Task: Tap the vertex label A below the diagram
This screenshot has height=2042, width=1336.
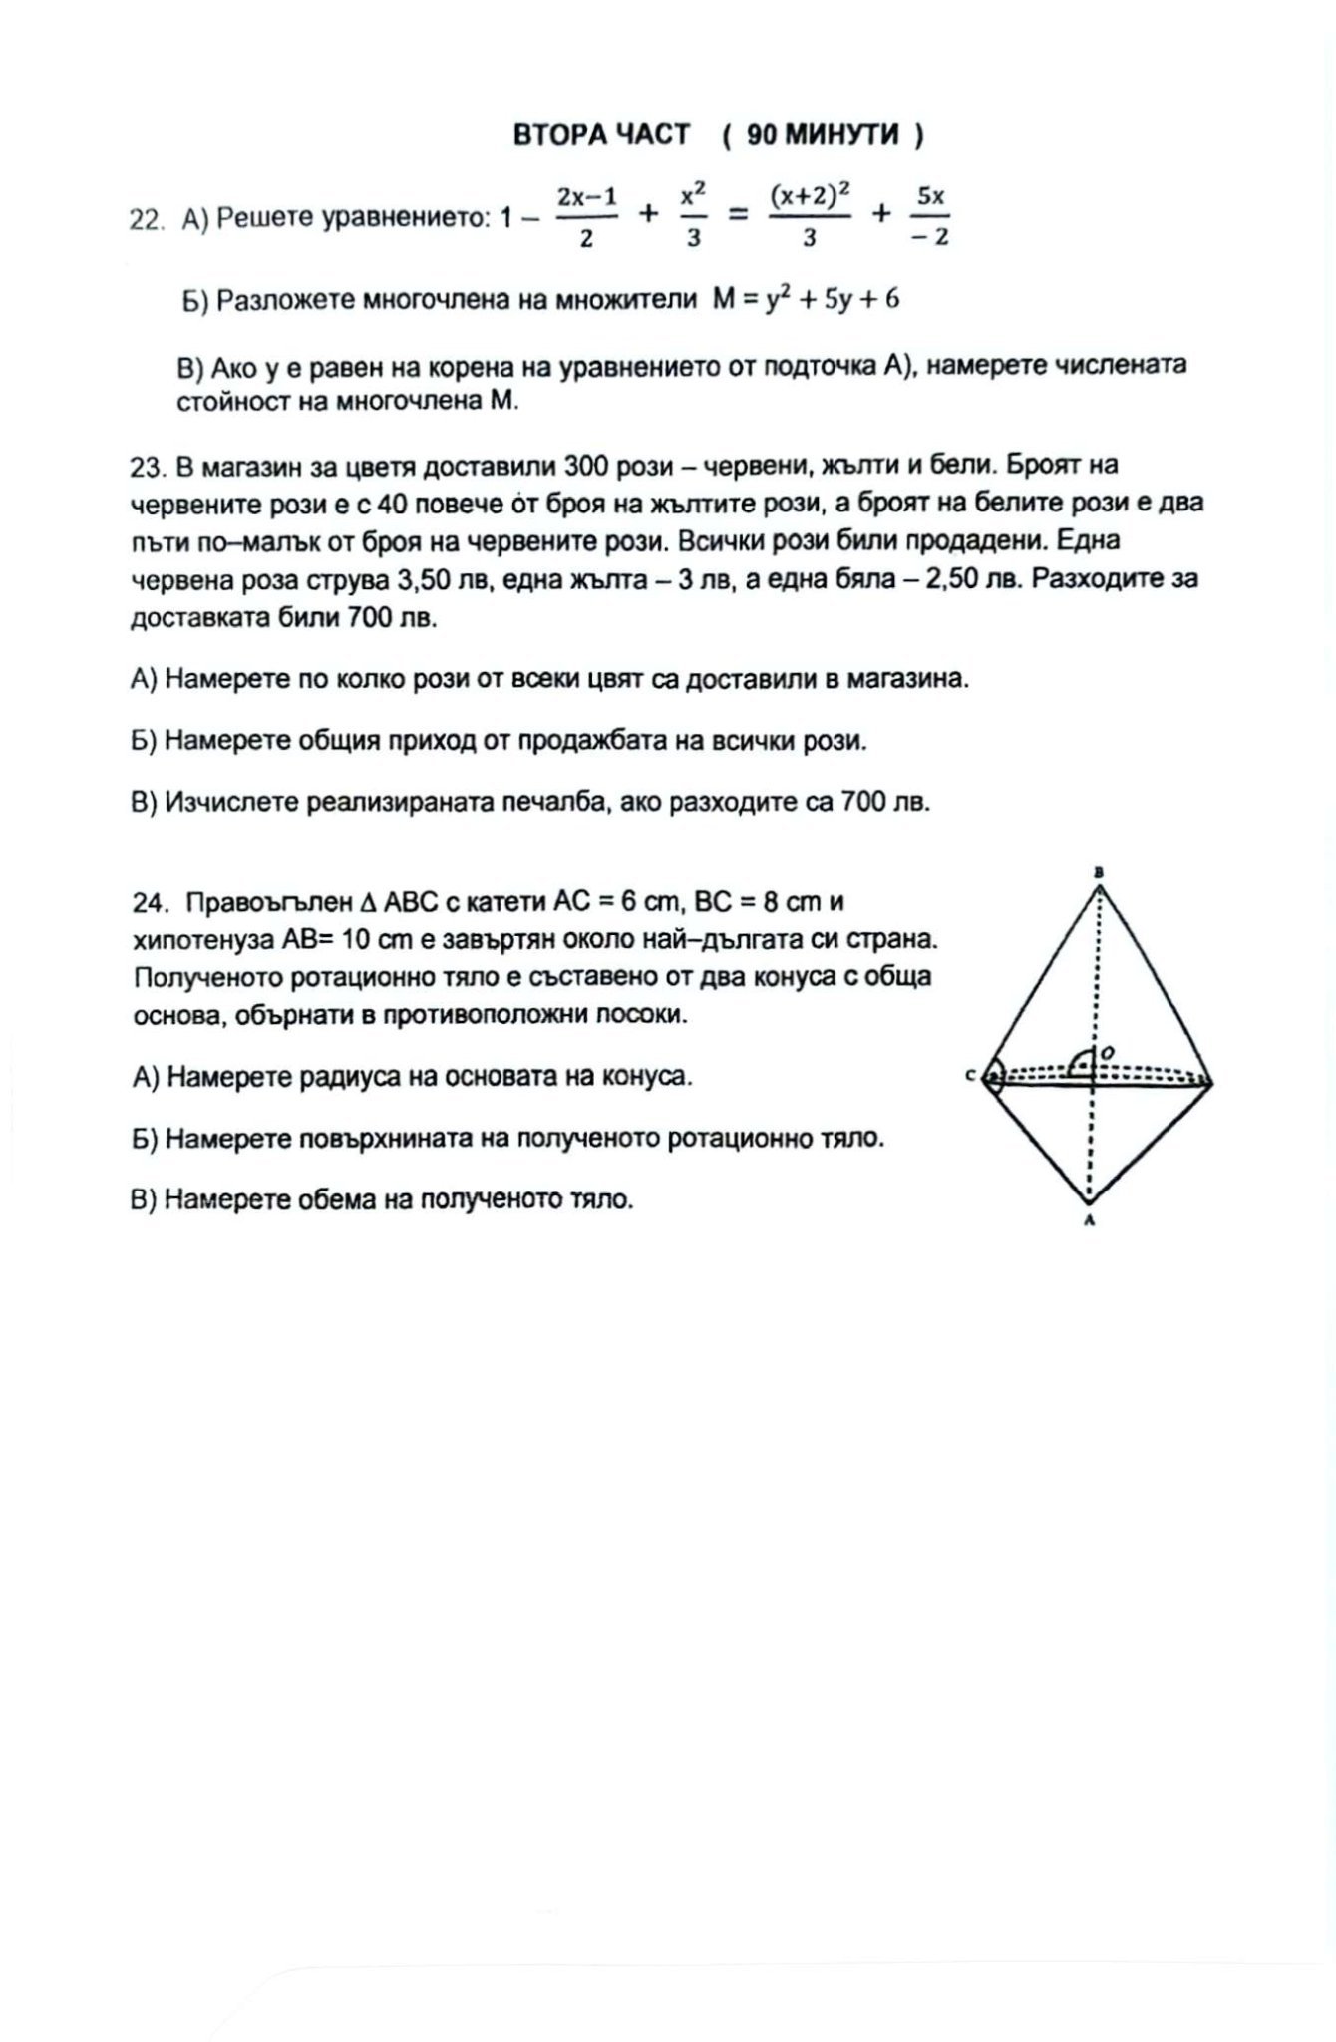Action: point(1090,1219)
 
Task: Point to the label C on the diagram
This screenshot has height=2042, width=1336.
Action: point(970,1076)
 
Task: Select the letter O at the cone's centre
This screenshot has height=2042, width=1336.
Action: point(1109,1052)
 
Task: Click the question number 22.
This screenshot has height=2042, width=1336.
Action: point(146,219)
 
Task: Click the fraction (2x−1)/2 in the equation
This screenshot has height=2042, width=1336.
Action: point(586,216)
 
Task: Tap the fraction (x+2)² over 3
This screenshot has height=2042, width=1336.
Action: point(810,216)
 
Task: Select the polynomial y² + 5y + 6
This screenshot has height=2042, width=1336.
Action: point(833,299)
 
